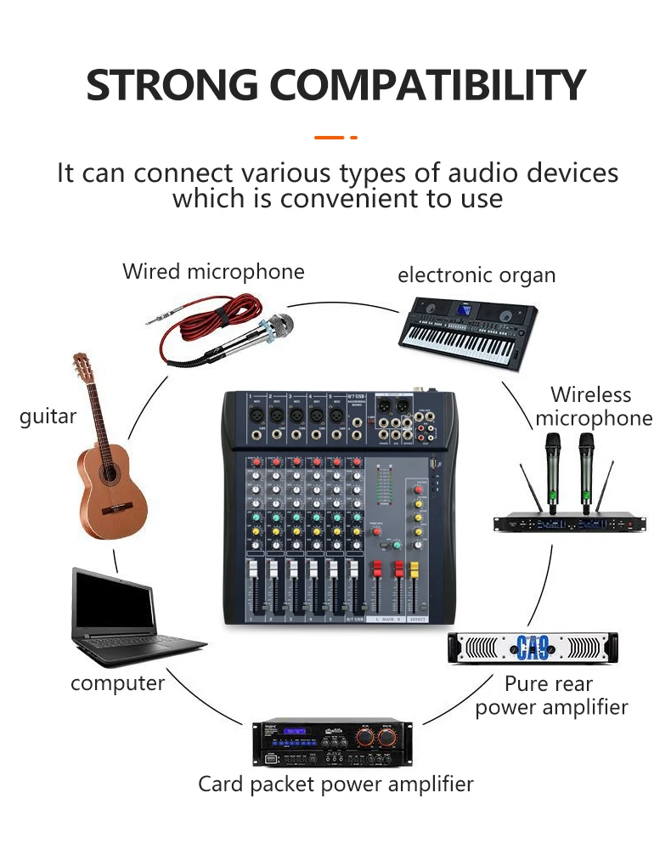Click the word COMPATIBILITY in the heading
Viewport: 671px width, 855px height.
tap(429, 85)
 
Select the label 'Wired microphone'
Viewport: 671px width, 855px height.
tap(213, 272)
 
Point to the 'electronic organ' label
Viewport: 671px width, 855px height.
tap(476, 275)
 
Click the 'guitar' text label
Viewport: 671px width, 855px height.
tap(48, 416)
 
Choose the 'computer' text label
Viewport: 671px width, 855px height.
tap(117, 683)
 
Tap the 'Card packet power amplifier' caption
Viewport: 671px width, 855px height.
tap(335, 784)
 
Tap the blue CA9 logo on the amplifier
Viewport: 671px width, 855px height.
tap(533, 649)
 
